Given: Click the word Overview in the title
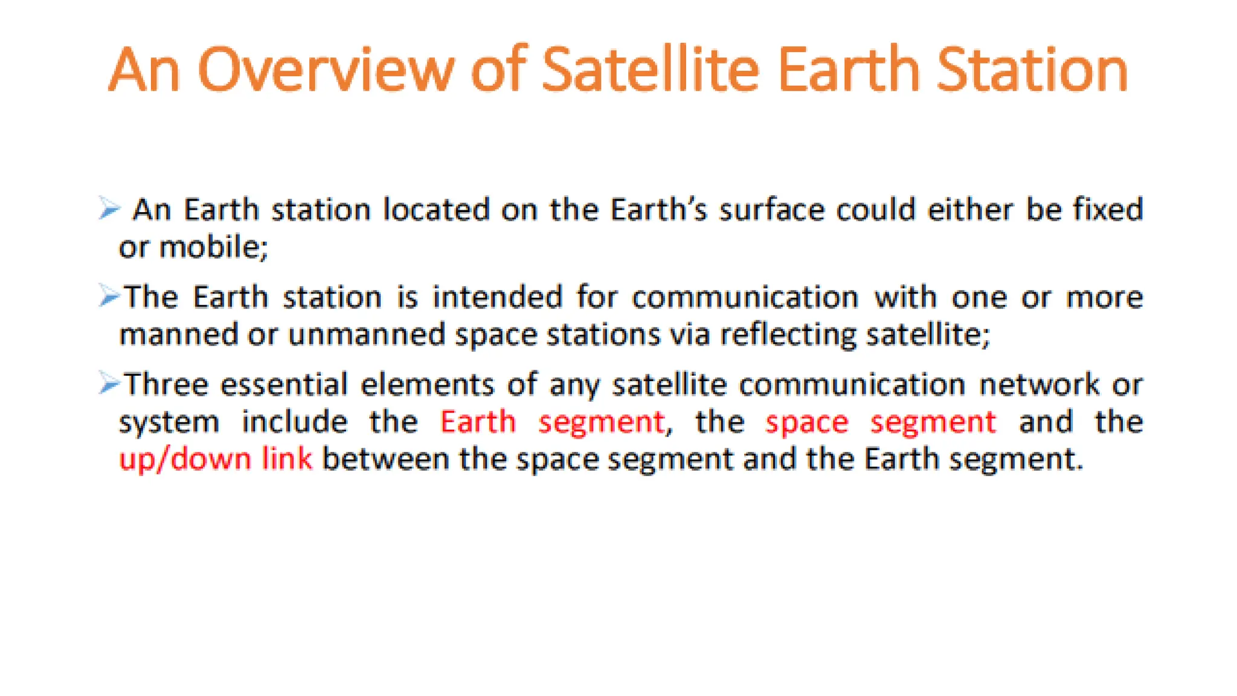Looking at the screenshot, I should (x=326, y=71).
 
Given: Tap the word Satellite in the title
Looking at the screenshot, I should (x=650, y=71).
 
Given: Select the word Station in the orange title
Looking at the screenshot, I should (x=1032, y=71).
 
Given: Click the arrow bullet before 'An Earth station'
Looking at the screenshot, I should (x=110, y=209).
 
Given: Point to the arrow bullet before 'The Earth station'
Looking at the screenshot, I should (x=110, y=296).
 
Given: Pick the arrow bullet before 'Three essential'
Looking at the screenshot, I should (x=110, y=383).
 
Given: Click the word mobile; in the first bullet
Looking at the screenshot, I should (x=213, y=247).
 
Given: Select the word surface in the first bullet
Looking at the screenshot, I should (x=771, y=210).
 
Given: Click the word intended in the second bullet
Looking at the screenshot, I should (x=498, y=297).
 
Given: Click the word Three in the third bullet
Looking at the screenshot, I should (x=166, y=384).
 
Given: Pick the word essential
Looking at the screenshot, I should (x=284, y=384).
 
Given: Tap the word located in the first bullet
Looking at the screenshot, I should (x=436, y=210).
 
